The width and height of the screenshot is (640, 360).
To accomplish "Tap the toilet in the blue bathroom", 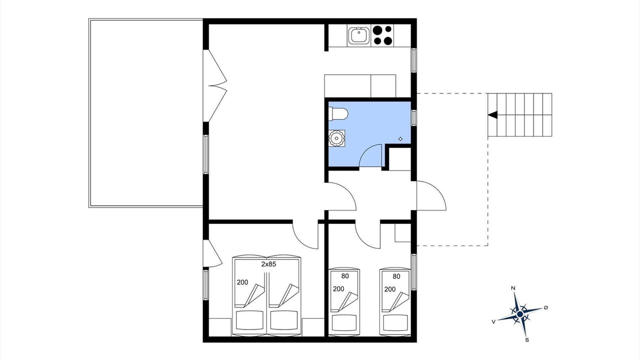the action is (338, 114).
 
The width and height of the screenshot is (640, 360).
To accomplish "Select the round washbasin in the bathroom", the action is (336, 138).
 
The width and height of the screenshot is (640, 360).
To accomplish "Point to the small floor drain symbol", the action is (400, 139).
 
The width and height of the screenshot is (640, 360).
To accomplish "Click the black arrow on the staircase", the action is (492, 115).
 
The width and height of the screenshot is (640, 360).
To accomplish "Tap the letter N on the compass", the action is (513, 288).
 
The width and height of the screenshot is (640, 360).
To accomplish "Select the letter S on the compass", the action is (527, 340).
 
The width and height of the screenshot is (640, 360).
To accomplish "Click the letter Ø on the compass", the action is (546, 307).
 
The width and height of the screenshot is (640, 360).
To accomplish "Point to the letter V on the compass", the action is (493, 321).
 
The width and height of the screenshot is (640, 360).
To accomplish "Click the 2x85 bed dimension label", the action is (268, 264).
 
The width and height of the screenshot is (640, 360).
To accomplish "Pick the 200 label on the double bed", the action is (242, 282).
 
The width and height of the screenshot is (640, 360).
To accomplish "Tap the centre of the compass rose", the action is (520, 314).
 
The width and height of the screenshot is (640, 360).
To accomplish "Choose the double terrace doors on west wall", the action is (215, 85).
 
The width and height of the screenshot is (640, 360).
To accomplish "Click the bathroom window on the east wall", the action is (413, 117).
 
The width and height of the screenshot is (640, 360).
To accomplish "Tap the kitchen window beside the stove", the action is (413, 60).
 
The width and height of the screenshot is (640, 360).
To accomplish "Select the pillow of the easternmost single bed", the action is (395, 322).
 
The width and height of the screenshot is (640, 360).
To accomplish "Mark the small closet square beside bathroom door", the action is (400, 159).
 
